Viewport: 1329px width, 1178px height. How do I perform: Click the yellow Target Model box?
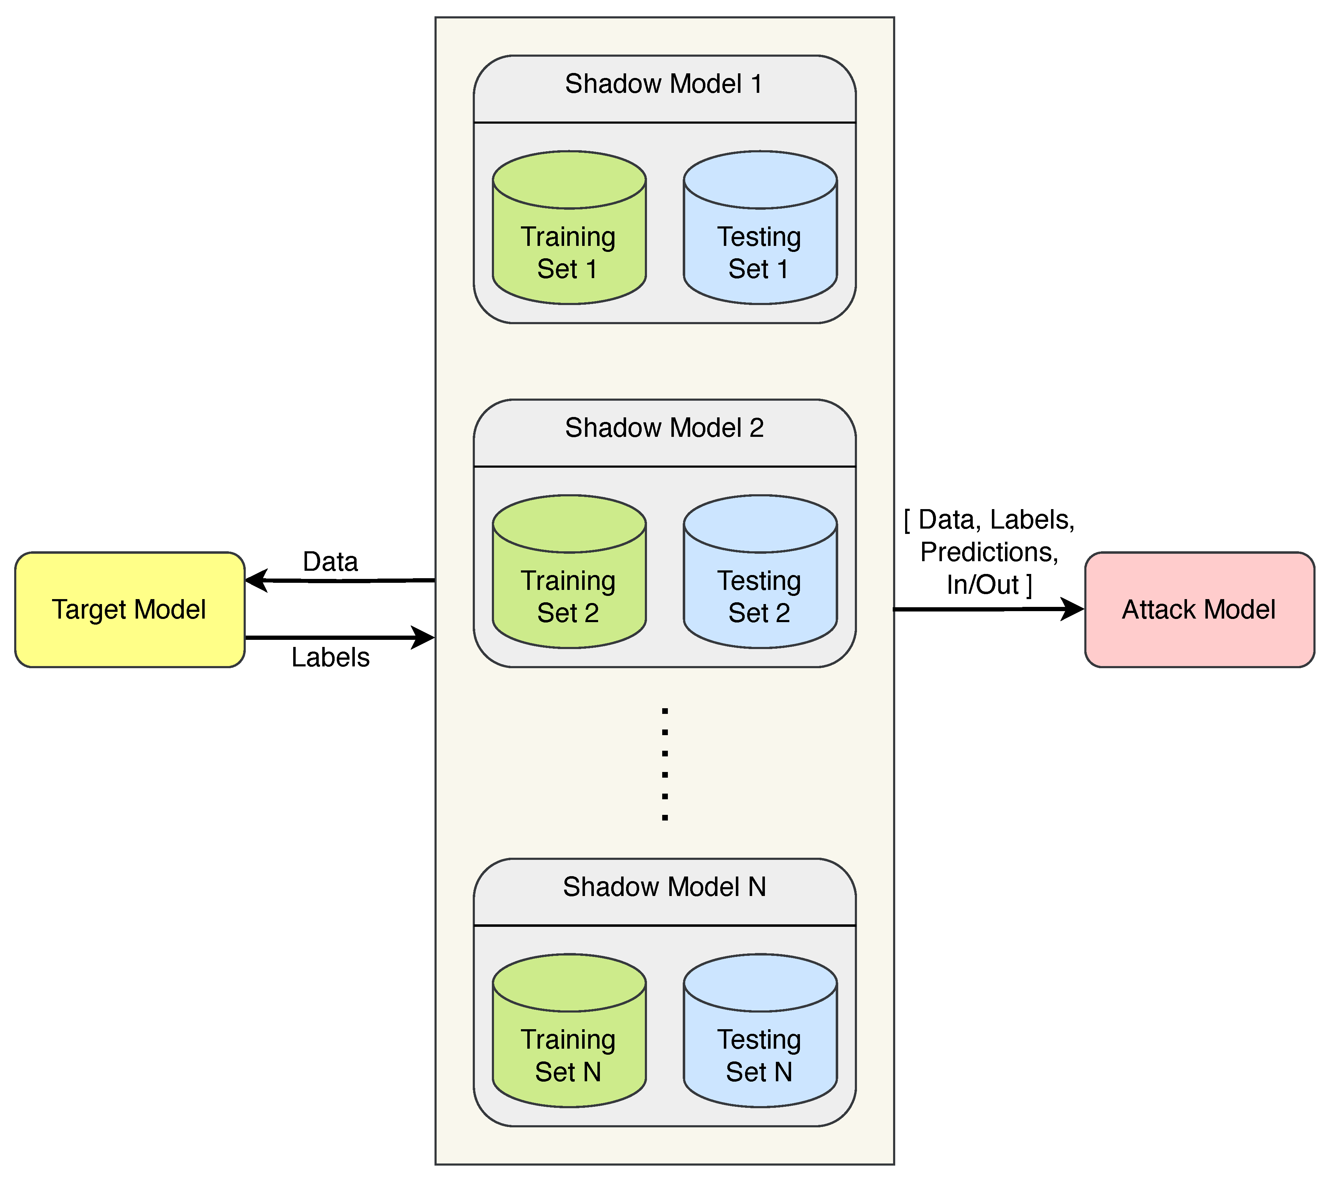tap(129, 609)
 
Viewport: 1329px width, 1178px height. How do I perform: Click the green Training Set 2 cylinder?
tap(569, 597)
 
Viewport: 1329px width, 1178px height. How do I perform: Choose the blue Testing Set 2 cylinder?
tap(760, 597)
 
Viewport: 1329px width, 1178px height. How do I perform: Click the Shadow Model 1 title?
tap(664, 84)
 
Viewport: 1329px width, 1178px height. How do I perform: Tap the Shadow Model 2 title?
tap(664, 428)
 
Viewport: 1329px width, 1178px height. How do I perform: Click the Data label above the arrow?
tap(330, 561)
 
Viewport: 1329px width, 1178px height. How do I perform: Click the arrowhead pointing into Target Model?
tap(256, 580)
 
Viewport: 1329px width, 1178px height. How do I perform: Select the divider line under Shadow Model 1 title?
tap(664, 122)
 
